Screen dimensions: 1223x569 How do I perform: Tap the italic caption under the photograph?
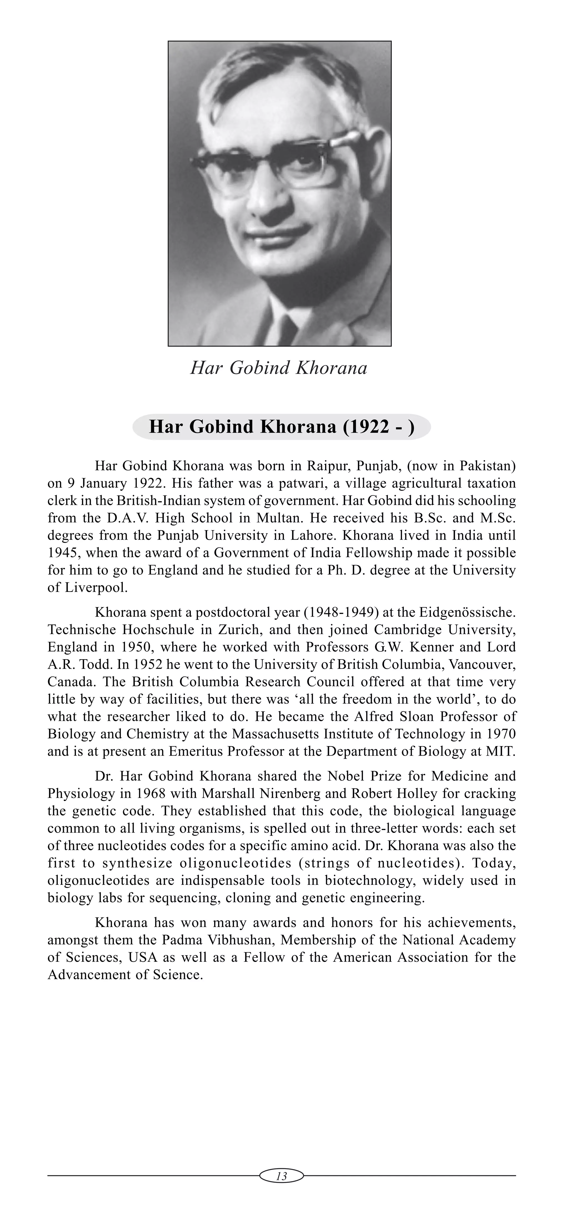(279, 369)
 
